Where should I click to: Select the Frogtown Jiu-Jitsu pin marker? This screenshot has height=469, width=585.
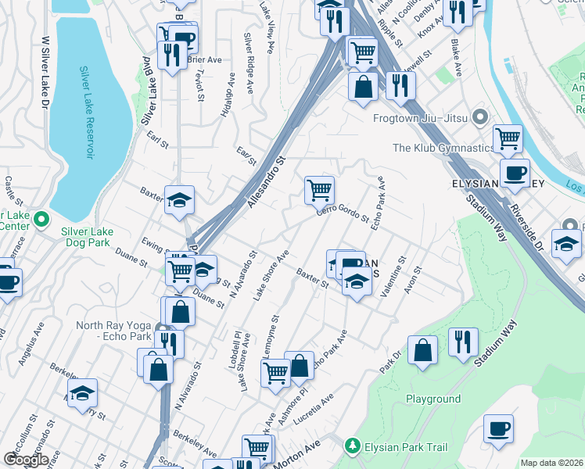point(480,118)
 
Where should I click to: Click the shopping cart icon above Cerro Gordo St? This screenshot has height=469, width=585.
point(319,188)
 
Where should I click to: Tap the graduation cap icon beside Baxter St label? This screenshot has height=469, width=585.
point(179,200)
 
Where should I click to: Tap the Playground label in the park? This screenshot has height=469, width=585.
point(432,399)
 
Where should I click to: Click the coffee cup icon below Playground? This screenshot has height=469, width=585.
point(498,428)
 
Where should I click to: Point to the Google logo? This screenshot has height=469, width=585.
point(26,460)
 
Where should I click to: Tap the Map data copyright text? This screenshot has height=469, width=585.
point(552,463)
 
